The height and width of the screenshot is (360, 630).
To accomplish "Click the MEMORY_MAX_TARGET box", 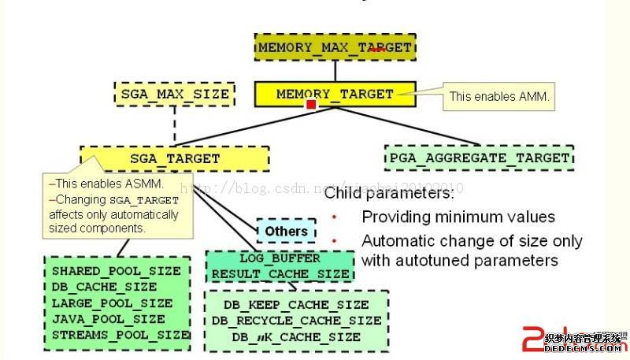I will coord(335,47).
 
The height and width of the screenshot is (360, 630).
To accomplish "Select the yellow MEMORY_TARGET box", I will coord(335,95).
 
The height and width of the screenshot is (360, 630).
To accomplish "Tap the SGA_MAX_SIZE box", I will coord(175,95).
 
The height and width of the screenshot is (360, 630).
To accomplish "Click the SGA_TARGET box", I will coord(175,158).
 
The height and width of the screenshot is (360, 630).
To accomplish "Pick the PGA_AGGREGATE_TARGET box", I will coord(480,158).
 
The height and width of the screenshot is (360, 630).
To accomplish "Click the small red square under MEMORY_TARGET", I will coord(312,104).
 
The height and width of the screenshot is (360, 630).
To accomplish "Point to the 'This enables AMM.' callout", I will coord(499,97).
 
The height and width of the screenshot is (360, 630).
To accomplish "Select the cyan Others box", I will coord(287,232).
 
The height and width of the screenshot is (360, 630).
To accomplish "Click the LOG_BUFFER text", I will coord(280,258).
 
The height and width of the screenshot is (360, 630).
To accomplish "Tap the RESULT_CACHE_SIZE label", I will coord(280,274).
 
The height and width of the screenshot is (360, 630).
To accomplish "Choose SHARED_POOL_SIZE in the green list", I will coord(116,270).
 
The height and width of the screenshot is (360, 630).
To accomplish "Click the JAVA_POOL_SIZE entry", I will coord(109,319).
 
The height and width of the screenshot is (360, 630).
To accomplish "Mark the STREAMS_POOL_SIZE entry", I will coord(120,335).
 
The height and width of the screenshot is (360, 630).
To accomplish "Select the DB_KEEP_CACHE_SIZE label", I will coord(295,304).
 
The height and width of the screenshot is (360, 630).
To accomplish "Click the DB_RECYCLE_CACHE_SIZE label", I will coord(296,321).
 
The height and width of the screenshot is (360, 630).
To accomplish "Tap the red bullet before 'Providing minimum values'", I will coord(334,216).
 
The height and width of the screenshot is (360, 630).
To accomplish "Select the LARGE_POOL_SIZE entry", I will coord(112,302).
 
